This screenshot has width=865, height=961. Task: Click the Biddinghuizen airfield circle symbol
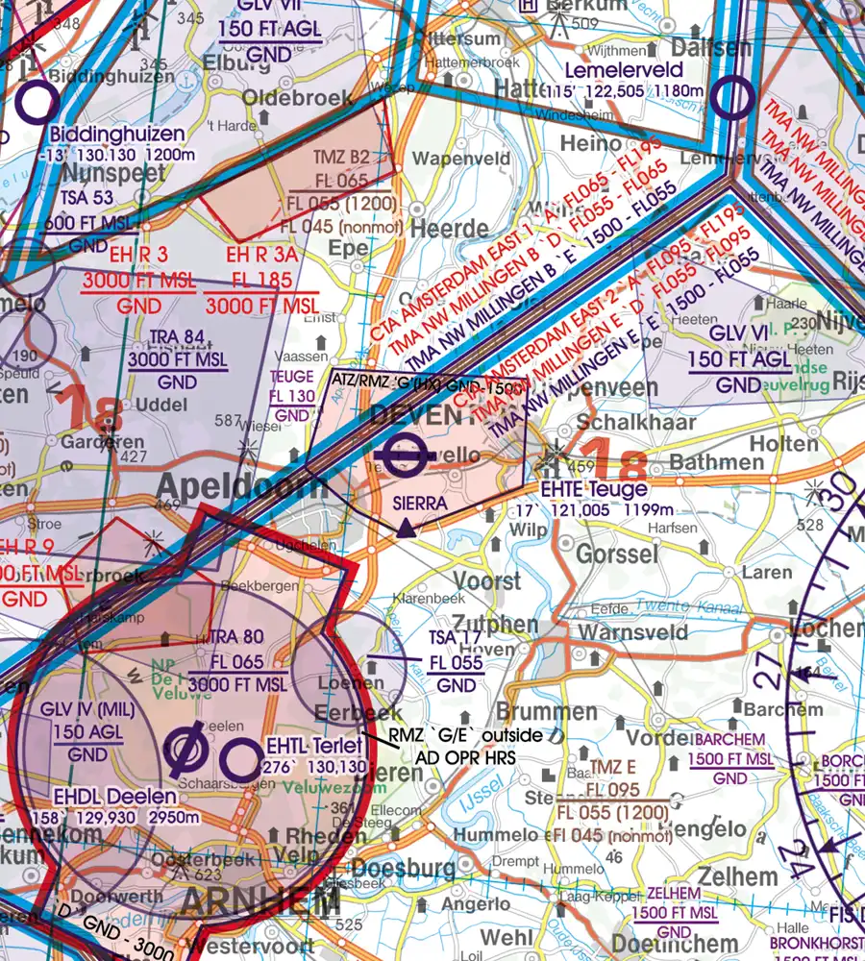36,102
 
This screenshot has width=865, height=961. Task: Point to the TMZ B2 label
341,158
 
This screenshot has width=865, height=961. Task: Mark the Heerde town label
450,230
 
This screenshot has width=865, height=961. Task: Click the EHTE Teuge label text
593,489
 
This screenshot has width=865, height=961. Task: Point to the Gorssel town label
617,554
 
